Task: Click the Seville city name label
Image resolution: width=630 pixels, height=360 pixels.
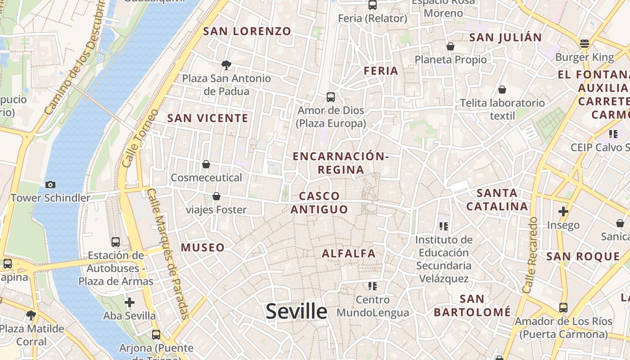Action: pyautogui.click(x=296, y=311)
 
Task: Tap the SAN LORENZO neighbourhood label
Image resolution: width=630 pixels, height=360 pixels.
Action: pyautogui.click(x=247, y=31)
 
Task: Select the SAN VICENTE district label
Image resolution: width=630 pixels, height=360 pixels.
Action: pyautogui.click(x=207, y=118)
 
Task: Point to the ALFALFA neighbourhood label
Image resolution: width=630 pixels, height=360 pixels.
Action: pyautogui.click(x=348, y=253)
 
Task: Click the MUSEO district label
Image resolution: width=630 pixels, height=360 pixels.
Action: pyautogui.click(x=202, y=247)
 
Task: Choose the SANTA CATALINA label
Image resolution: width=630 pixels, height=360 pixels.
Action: pyautogui.click(x=497, y=200)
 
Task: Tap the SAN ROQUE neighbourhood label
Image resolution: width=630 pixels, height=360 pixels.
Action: pyautogui.click(x=583, y=256)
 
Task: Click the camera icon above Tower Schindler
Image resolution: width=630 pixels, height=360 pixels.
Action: pyautogui.click(x=50, y=184)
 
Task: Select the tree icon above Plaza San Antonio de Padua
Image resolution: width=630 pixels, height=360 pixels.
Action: pyautogui.click(x=226, y=65)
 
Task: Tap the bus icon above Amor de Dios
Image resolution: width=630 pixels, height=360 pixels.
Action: pyautogui.click(x=331, y=97)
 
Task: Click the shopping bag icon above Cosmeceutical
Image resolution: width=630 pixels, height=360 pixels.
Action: pyautogui.click(x=206, y=164)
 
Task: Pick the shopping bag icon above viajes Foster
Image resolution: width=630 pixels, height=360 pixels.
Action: pyautogui.click(x=216, y=196)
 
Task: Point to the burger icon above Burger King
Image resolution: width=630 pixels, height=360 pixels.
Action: pyautogui.click(x=585, y=44)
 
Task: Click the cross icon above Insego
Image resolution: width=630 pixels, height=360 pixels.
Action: pyautogui.click(x=563, y=211)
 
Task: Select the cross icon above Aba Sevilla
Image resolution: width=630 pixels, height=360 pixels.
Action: pyautogui.click(x=130, y=302)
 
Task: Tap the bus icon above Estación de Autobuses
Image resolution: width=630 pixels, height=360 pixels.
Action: pyautogui.click(x=116, y=242)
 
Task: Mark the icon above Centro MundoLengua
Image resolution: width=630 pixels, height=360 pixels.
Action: pyautogui.click(x=372, y=286)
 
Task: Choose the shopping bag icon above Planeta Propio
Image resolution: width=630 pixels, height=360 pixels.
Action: pyautogui.click(x=450, y=46)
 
